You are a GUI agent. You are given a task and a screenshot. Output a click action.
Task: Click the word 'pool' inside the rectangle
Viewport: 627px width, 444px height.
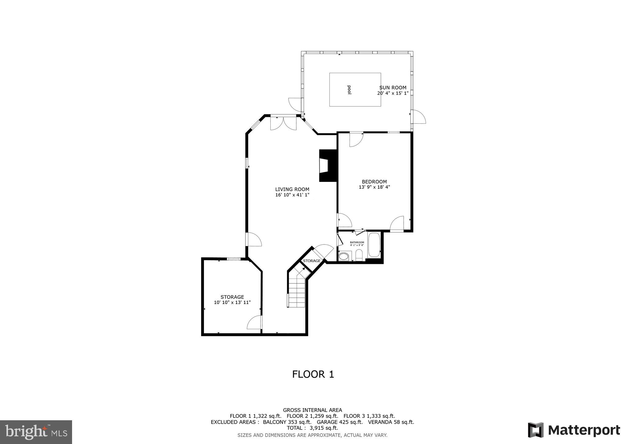tap(349, 90)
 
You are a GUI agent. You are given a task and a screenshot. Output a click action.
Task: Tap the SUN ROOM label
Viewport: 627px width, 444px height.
tap(393, 88)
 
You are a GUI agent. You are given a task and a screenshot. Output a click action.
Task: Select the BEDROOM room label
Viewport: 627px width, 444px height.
tap(374, 182)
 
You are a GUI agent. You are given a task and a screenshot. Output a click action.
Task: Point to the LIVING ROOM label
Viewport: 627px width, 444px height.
tap(292, 189)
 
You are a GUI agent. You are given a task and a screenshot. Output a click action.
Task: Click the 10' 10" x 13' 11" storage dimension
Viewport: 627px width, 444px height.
tap(232, 302)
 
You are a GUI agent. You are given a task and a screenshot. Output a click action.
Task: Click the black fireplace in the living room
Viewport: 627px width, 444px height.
tap(328, 166)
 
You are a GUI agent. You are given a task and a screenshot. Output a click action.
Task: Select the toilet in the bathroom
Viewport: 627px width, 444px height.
tap(359, 255)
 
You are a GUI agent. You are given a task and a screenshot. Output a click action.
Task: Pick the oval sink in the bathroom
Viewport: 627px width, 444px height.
tap(344, 256)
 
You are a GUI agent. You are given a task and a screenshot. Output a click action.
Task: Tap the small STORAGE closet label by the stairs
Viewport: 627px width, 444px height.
tap(312, 261)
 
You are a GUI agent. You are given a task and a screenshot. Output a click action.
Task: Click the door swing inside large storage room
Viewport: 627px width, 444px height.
tap(254, 323)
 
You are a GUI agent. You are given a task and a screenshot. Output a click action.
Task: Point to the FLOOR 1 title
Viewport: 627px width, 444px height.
tap(313, 374)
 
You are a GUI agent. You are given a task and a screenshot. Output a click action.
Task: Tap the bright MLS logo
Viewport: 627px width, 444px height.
tap(36, 432)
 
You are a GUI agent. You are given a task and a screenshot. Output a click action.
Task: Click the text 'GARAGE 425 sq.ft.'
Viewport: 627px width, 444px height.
tap(340, 422)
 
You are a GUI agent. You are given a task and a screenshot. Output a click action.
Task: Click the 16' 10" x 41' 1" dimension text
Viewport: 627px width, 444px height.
tap(292, 195)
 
